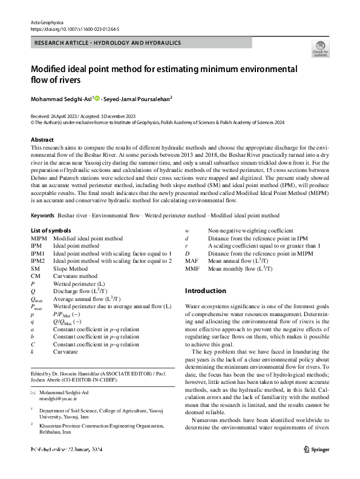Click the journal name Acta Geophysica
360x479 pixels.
tap(47, 22)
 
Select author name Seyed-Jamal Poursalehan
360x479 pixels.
tap(137, 98)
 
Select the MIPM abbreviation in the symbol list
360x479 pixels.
tap(38, 239)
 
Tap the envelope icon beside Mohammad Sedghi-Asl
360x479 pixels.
tap(33, 393)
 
